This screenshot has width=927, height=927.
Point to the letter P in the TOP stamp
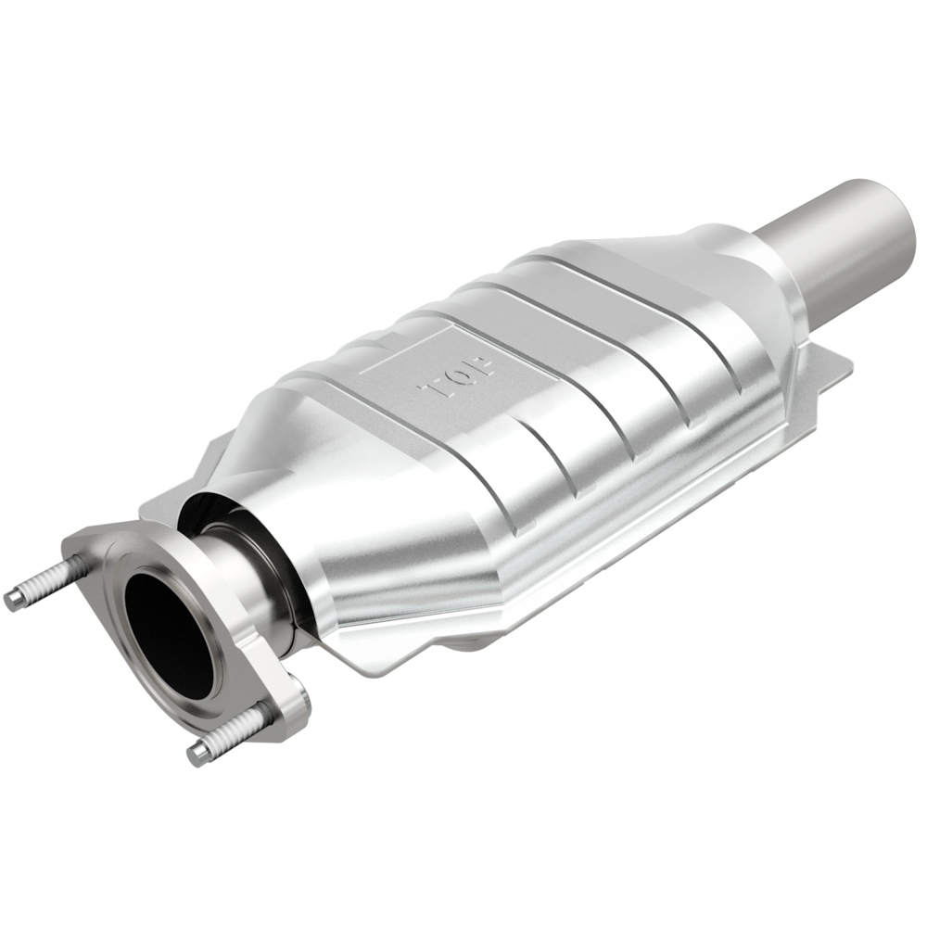[481, 362]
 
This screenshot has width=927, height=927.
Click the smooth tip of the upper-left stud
[13, 599]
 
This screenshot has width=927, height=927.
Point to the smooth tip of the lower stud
[197, 754]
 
